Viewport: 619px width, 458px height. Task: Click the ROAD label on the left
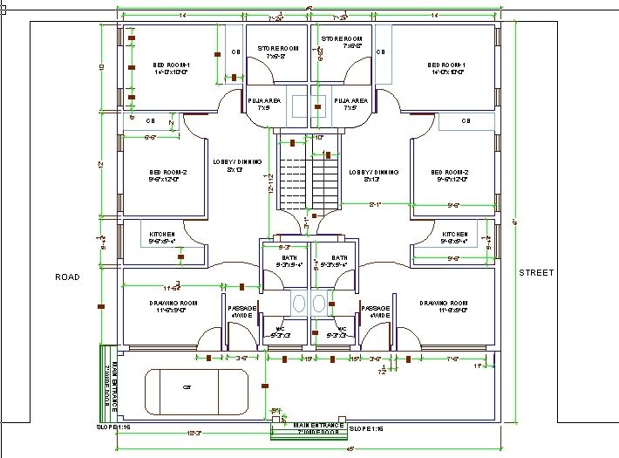tap(67, 277)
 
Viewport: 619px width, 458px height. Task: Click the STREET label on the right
tap(536, 272)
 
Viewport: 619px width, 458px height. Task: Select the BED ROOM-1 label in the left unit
tap(171, 65)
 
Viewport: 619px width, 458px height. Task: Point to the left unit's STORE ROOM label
tap(277, 48)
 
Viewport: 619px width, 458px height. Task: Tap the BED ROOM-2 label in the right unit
tap(450, 173)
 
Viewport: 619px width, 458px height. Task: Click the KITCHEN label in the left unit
tap(163, 235)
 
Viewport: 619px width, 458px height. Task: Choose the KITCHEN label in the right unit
tap(455, 235)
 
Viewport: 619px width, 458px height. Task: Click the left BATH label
tap(289, 258)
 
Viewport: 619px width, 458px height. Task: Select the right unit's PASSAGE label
tap(376, 309)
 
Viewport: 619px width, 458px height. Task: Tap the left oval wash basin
tap(299, 304)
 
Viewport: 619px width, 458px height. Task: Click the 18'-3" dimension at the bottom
tap(194, 434)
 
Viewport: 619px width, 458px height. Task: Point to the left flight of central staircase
tap(292, 179)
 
